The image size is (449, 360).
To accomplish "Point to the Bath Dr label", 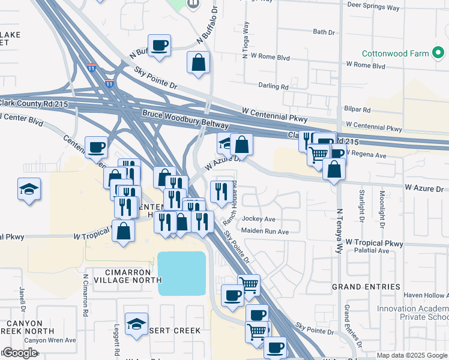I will (x=324, y=32).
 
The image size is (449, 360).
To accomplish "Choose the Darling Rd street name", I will (x=273, y=86).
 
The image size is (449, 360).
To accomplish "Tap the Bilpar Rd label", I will (x=358, y=110).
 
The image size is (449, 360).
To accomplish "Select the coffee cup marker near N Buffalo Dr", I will (x=159, y=46).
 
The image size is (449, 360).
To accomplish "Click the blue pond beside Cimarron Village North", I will (x=182, y=273).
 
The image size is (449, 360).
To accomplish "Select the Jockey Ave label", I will (x=258, y=219).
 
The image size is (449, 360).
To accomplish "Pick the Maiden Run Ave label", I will (x=265, y=231).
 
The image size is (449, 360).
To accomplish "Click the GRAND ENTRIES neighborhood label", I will (x=366, y=287).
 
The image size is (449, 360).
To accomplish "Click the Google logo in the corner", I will (x=20, y=353).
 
